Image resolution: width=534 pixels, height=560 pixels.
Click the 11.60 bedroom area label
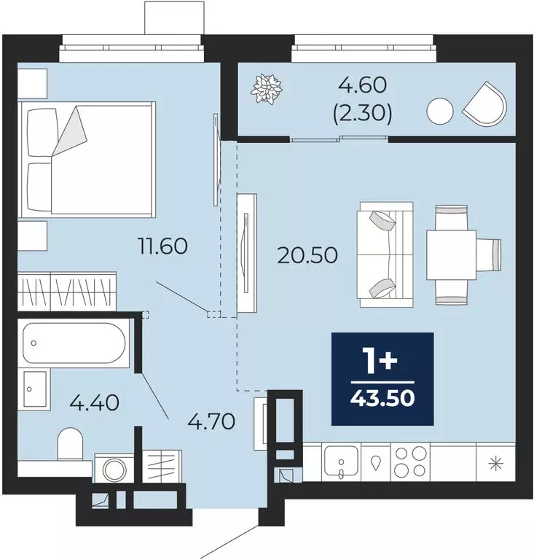pos(163,246)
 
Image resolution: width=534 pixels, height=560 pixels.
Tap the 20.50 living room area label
pos(307,255)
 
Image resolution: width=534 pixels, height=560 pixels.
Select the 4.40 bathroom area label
pos(94,402)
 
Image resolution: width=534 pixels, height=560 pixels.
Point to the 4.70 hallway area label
pos(211,421)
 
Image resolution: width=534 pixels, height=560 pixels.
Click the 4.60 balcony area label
pos(362,85)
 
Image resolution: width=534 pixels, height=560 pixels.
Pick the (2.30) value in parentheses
pos(362,114)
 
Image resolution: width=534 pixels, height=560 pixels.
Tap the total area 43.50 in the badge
pos(382,398)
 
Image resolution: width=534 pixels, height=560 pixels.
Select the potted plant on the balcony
pos(267,89)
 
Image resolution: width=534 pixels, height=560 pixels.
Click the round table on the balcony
pos(440,111)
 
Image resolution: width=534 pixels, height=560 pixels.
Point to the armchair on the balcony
pos(485,104)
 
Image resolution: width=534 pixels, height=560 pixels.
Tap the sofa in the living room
pos(385,254)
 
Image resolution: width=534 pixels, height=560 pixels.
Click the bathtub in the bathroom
pos(75,343)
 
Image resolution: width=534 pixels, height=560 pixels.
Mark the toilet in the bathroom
pos(70,444)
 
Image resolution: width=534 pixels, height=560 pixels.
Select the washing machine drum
pos(114,470)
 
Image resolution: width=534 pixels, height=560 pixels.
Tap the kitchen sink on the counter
pos(340,462)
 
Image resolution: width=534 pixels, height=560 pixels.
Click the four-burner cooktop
pos(410,462)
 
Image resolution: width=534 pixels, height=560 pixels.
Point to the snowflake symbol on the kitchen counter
pos(496,464)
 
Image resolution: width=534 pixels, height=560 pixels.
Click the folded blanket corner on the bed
pos(71,131)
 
